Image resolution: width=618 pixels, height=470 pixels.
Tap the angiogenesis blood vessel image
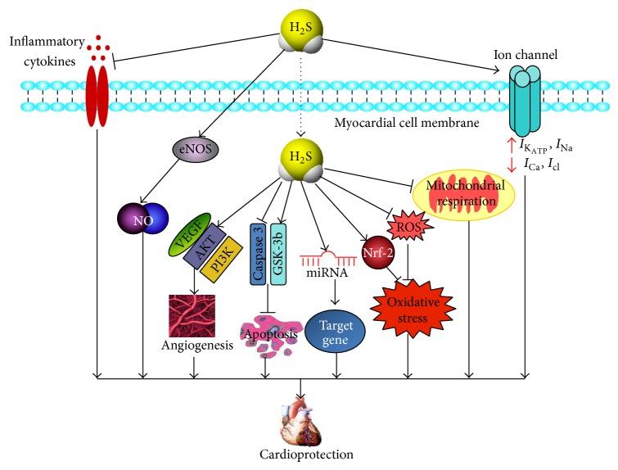coord(194,315)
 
